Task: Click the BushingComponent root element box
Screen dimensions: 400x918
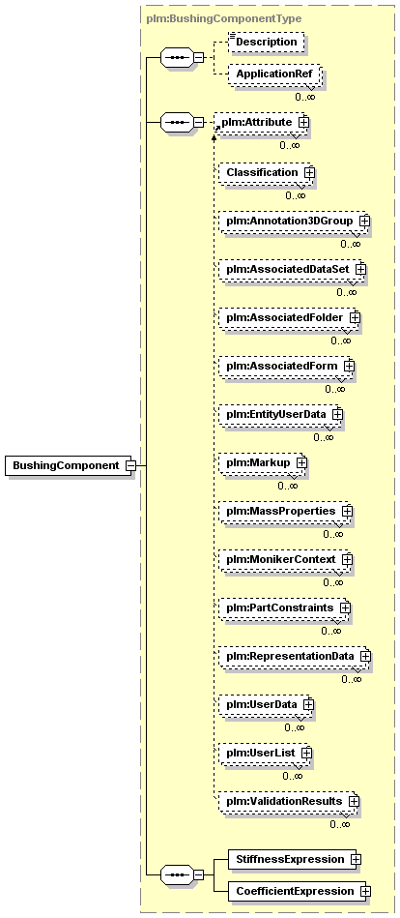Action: point(69,466)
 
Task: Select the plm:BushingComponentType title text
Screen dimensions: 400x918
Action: point(223,18)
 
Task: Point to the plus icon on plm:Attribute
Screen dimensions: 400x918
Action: point(303,122)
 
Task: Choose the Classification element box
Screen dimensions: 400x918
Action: point(266,172)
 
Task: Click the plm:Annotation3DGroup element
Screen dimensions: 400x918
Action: point(293,222)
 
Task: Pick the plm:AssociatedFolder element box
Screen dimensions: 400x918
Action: point(288,318)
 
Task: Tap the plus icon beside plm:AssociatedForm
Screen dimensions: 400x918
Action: point(349,366)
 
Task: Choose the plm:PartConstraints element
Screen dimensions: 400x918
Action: point(284,607)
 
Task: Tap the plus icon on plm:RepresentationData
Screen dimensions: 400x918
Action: point(365,656)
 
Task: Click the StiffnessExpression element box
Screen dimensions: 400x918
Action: point(291,859)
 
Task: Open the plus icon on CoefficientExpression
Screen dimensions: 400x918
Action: point(365,892)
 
